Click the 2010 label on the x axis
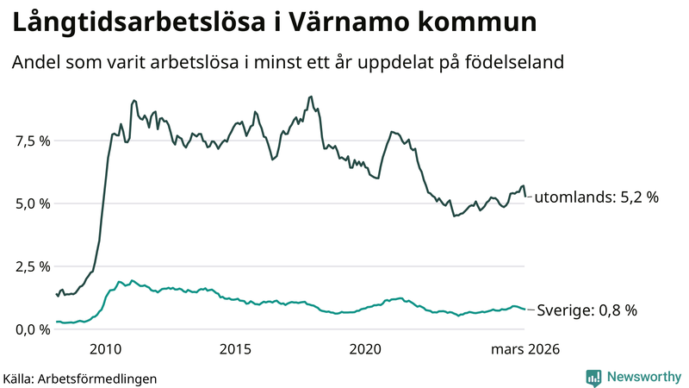[105, 349]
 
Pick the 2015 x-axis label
[235, 349]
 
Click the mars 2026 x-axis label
[525, 349]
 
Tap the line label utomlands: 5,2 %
[596, 197]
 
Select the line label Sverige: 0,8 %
[587, 310]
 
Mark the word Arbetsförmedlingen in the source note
[104, 378]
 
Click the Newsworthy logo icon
[593, 377]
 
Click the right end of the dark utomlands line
[527, 197]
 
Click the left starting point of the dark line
[56, 294]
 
